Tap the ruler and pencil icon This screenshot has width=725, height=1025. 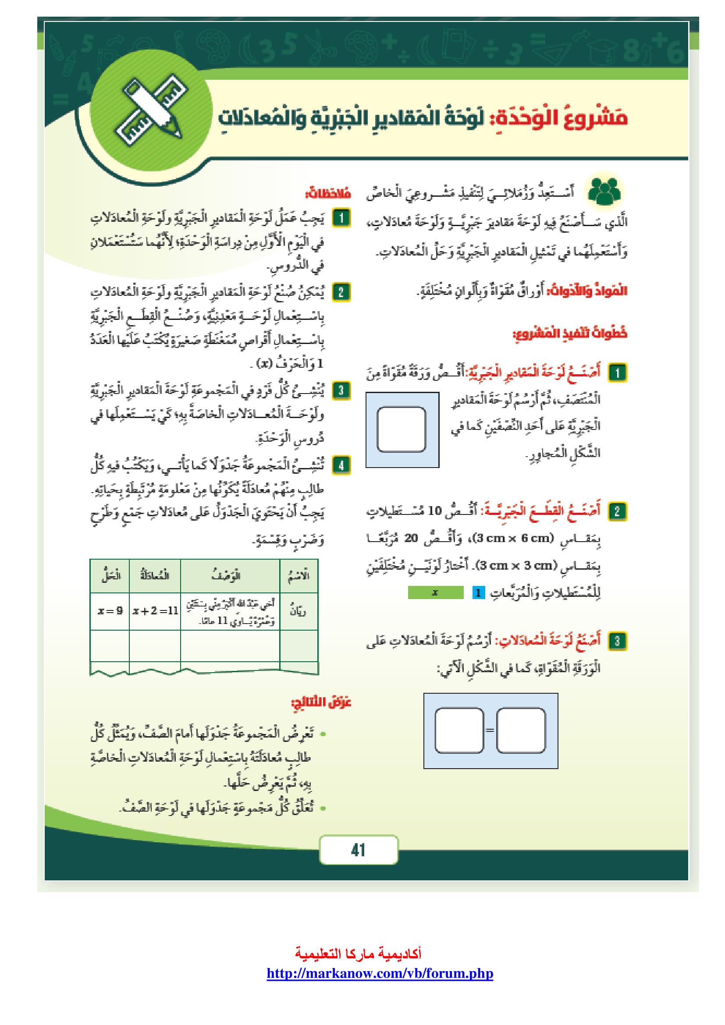(x=152, y=110)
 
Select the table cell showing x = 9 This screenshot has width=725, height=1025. (x=110, y=610)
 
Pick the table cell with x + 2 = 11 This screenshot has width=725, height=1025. (x=155, y=610)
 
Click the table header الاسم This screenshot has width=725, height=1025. (x=298, y=575)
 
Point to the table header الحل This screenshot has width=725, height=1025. (x=110, y=575)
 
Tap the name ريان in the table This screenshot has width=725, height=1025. (x=298, y=610)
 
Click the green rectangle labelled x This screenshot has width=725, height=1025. (x=435, y=592)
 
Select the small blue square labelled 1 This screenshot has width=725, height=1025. (x=478, y=592)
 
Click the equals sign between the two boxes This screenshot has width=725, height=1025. (x=490, y=731)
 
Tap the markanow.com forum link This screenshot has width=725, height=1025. (x=380, y=973)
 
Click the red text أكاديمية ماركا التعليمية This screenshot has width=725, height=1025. (x=358, y=954)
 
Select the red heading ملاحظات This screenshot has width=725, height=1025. (x=328, y=194)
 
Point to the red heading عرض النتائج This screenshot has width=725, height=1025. (x=321, y=702)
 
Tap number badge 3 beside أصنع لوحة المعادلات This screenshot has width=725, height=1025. (x=618, y=641)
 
